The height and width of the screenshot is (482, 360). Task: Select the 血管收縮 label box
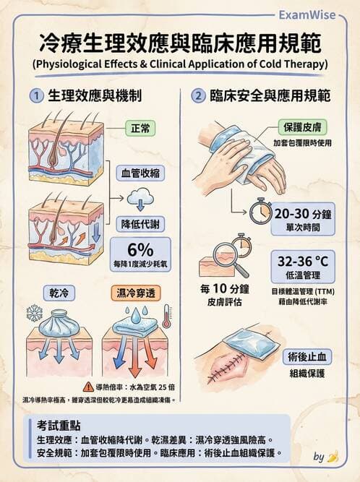(x=140, y=174)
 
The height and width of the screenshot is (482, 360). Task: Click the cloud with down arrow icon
(x=139, y=200)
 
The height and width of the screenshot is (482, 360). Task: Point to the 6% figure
(x=140, y=248)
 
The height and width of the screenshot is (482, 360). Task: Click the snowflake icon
(x=34, y=313)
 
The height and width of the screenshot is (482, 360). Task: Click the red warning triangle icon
(x=88, y=387)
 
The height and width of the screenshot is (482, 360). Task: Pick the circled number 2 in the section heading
(x=197, y=95)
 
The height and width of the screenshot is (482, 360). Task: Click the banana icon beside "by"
(x=333, y=457)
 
